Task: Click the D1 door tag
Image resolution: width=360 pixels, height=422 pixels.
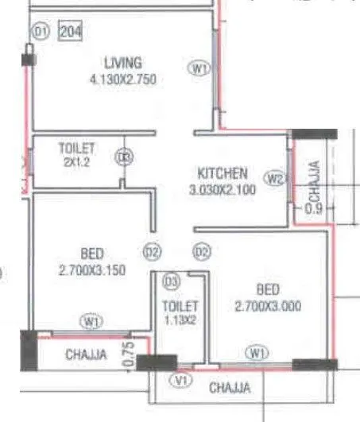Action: pyautogui.click(x=40, y=32)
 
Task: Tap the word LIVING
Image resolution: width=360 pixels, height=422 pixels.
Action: pyautogui.click(x=123, y=63)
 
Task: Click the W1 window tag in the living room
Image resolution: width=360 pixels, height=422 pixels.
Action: pyautogui.click(x=199, y=69)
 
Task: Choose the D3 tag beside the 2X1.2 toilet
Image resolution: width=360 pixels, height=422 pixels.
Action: pyautogui.click(x=123, y=158)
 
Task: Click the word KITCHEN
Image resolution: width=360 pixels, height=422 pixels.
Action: pyautogui.click(x=223, y=172)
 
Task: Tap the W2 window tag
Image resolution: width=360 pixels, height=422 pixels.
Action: pyautogui.click(x=276, y=179)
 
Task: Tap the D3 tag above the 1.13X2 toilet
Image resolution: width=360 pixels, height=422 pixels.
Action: pyautogui.click(x=170, y=281)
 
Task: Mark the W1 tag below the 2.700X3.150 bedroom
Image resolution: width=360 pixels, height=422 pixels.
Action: pyautogui.click(x=91, y=322)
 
